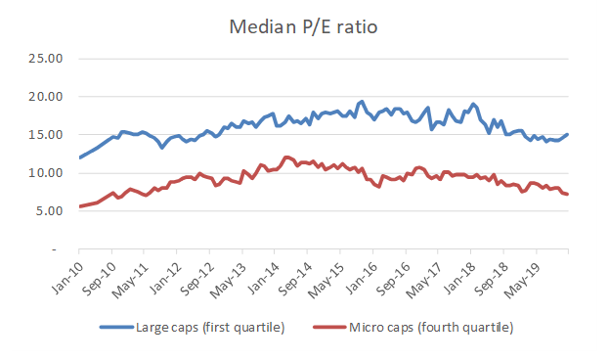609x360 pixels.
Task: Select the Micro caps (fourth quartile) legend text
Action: coord(431,326)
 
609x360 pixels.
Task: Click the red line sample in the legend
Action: coord(329,326)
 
